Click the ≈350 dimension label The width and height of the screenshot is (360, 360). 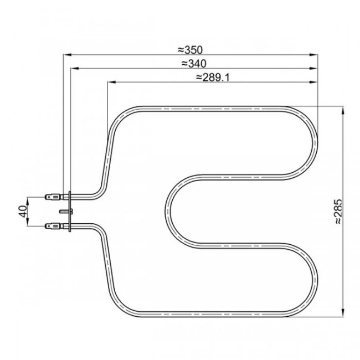coord(191,49)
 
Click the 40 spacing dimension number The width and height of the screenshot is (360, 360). coord(22,211)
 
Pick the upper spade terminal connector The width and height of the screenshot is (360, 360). coord(53,196)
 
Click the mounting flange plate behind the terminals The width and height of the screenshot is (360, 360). coord(69,211)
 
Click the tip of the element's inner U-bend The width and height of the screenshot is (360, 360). coord(167,211)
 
